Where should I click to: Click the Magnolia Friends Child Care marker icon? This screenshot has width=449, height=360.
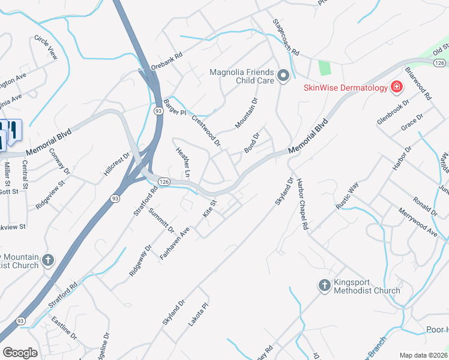pos(283,76)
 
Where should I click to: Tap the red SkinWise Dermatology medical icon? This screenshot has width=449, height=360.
pos(396,88)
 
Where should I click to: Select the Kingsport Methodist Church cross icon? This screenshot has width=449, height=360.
pos(324,285)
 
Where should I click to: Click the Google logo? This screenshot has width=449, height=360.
pos(20,352)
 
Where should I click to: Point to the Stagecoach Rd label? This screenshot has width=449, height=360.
pos(286,37)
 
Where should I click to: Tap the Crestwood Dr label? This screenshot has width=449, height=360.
pos(206,130)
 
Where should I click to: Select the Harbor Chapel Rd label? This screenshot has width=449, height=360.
pos(302,205)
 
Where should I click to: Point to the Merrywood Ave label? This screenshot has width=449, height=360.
pos(418,222)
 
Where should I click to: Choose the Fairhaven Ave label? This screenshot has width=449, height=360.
pos(175,243)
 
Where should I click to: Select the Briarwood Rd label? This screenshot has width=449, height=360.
pos(418,83)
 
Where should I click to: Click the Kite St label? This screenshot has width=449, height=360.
pos(209,209)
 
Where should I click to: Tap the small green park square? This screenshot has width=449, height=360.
pos(324,68)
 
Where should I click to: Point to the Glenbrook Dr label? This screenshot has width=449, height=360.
pos(393,112)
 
